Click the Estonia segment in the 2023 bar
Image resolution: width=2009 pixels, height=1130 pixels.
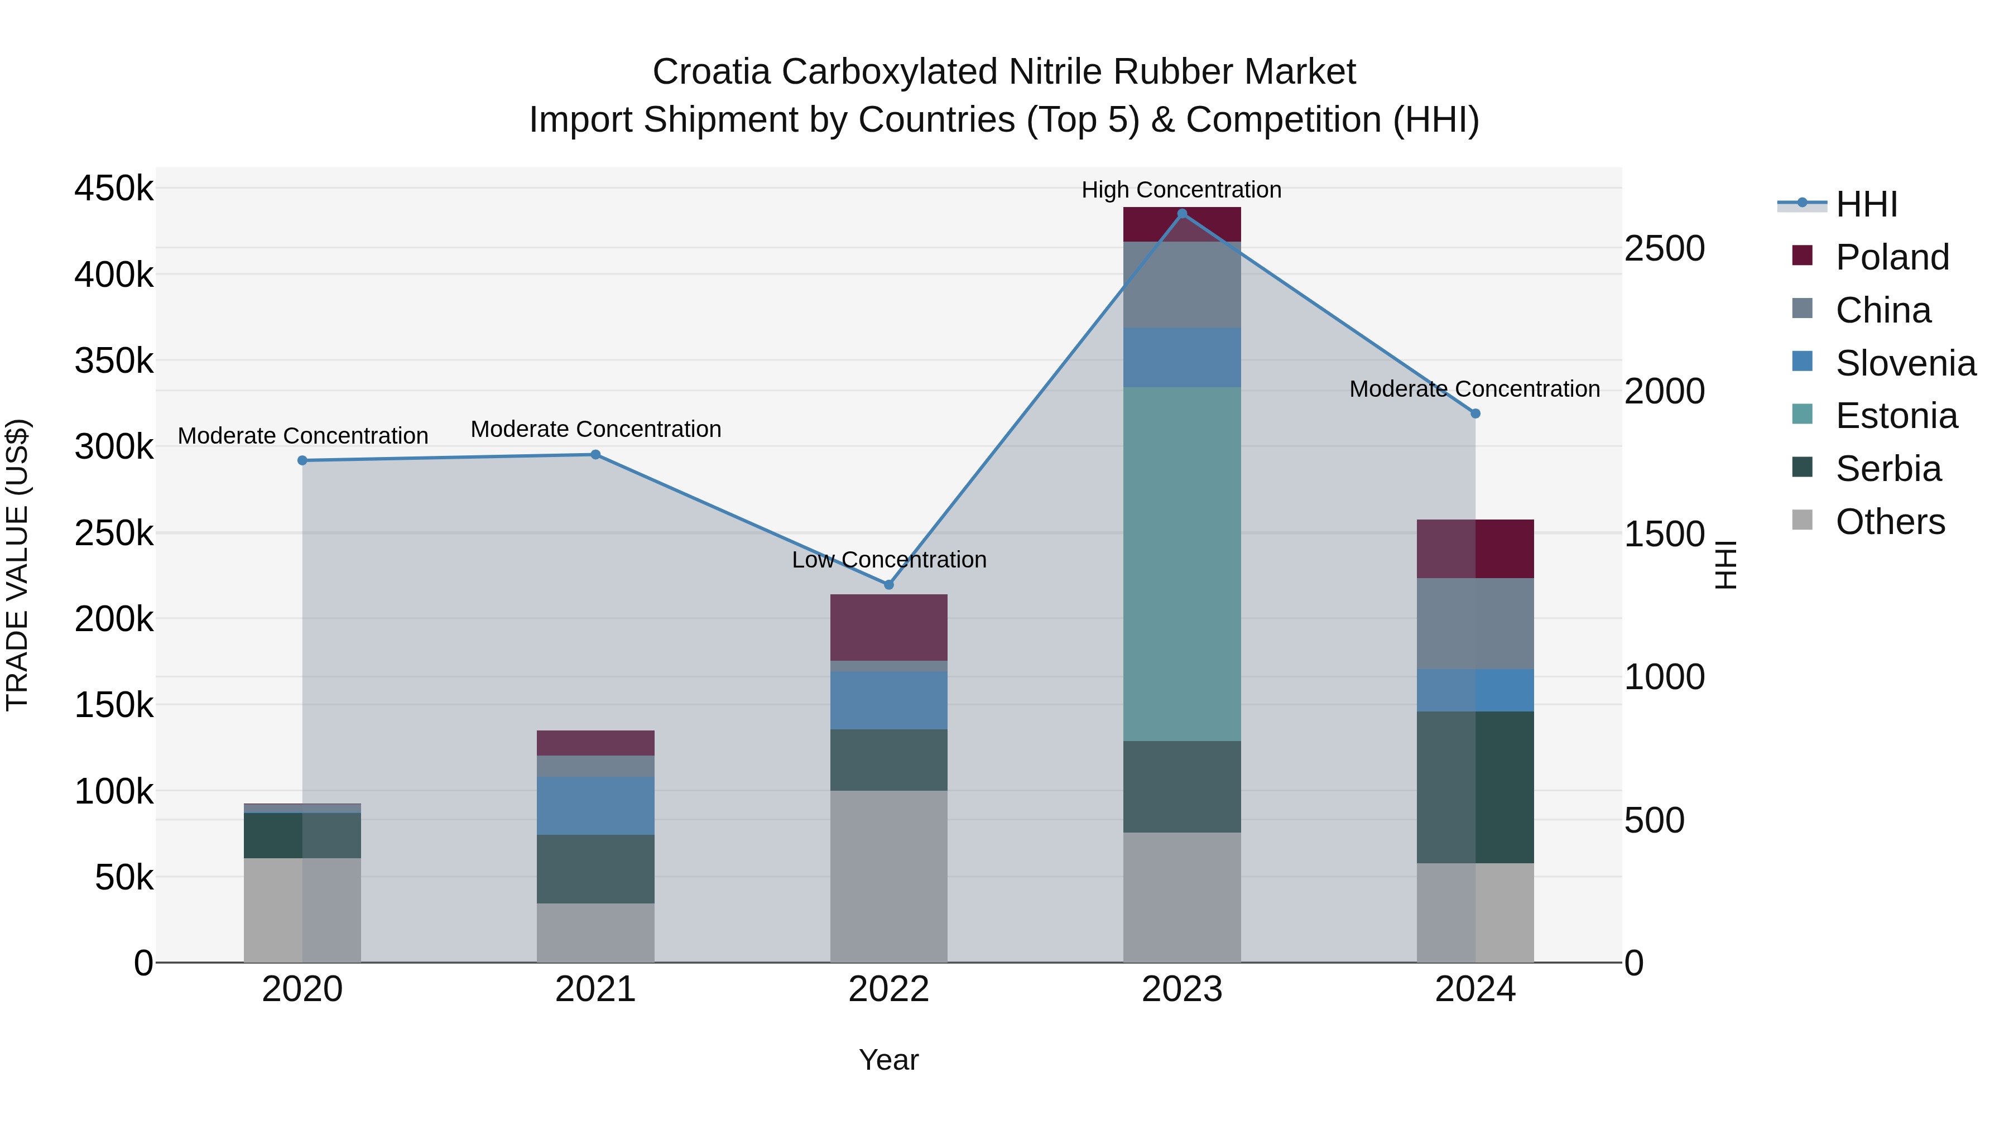pos(1181,564)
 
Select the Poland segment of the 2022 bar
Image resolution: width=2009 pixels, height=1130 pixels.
pos(888,627)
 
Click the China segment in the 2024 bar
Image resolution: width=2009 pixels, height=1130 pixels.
pos(1475,623)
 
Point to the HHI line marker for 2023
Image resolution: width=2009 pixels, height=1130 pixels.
pos(1181,214)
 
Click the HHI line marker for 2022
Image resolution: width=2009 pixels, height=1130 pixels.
pos(888,584)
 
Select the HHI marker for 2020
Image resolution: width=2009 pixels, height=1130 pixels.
pos(302,460)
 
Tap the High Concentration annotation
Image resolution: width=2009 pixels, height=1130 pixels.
pos(1181,190)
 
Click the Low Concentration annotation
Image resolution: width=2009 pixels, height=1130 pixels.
pos(888,559)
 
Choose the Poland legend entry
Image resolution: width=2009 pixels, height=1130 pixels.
pos(1892,257)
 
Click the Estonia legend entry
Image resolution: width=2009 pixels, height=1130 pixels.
pos(1896,416)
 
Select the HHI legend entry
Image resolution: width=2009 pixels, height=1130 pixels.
pos(1866,204)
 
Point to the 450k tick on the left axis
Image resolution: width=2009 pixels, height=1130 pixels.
pos(114,189)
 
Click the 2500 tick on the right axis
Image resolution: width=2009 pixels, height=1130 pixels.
pos(1664,249)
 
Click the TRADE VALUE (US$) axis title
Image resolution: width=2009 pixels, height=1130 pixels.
pos(18,565)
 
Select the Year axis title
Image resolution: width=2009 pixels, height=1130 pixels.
pos(888,1060)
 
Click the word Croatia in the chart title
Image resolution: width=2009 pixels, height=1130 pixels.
pos(712,72)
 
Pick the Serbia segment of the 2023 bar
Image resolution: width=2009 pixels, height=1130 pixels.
pos(1181,786)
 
